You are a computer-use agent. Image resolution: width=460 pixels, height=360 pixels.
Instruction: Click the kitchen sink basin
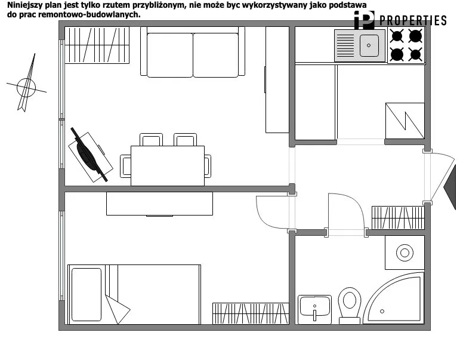[x=369, y=45]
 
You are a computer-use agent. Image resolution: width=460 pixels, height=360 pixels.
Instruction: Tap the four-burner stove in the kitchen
[x=406, y=45]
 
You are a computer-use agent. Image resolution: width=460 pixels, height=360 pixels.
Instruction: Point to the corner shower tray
[x=394, y=299]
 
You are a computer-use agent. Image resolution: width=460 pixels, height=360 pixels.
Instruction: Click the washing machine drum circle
[x=405, y=253]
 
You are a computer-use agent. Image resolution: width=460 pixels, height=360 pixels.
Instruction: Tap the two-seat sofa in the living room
[x=193, y=52]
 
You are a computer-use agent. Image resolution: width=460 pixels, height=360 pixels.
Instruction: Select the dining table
[x=168, y=166]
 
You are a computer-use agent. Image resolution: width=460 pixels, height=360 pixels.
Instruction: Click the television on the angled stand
[x=89, y=155]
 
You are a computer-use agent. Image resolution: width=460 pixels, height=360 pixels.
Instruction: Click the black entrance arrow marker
[x=449, y=187]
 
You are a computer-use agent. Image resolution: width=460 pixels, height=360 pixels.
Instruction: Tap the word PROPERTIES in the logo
[x=413, y=20]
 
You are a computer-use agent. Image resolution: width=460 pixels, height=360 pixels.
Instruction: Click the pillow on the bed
[x=87, y=294]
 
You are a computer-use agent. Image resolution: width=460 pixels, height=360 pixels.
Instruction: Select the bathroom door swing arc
[x=352, y=202]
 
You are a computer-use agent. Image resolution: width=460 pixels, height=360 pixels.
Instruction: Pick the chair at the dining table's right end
[x=208, y=166]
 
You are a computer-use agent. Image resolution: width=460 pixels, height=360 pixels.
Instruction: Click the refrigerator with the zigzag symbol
[x=405, y=121]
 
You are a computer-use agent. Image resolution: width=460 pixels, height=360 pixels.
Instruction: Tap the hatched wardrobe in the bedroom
[x=251, y=313]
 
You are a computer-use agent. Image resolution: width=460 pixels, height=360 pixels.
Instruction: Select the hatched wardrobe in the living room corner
[x=97, y=45]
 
